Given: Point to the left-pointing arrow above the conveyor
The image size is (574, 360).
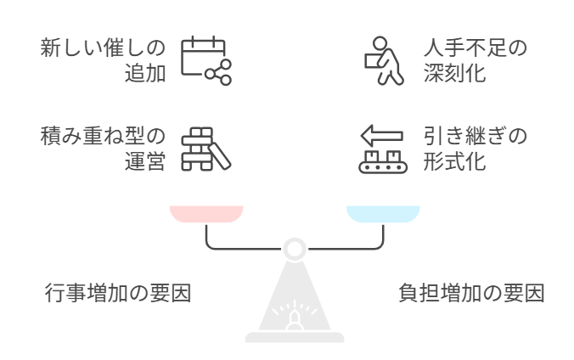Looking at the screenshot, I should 380,134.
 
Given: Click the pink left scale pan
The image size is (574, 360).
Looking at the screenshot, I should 206,213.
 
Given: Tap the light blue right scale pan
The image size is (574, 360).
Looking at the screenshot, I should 382,213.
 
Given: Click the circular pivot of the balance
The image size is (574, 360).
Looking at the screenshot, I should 295,248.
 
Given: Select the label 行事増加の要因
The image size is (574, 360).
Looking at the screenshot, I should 117,295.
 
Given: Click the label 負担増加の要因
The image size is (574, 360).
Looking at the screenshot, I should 471,295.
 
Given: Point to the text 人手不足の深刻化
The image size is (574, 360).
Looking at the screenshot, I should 475,59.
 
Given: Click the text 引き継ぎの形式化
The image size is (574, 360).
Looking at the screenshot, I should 475,149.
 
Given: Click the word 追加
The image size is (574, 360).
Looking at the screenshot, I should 145,73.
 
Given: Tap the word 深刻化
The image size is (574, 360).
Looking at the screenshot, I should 454,73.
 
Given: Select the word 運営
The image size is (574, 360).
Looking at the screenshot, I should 145,162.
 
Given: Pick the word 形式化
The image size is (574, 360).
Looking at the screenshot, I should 454,162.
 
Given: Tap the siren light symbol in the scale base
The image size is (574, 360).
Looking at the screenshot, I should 295,318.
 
